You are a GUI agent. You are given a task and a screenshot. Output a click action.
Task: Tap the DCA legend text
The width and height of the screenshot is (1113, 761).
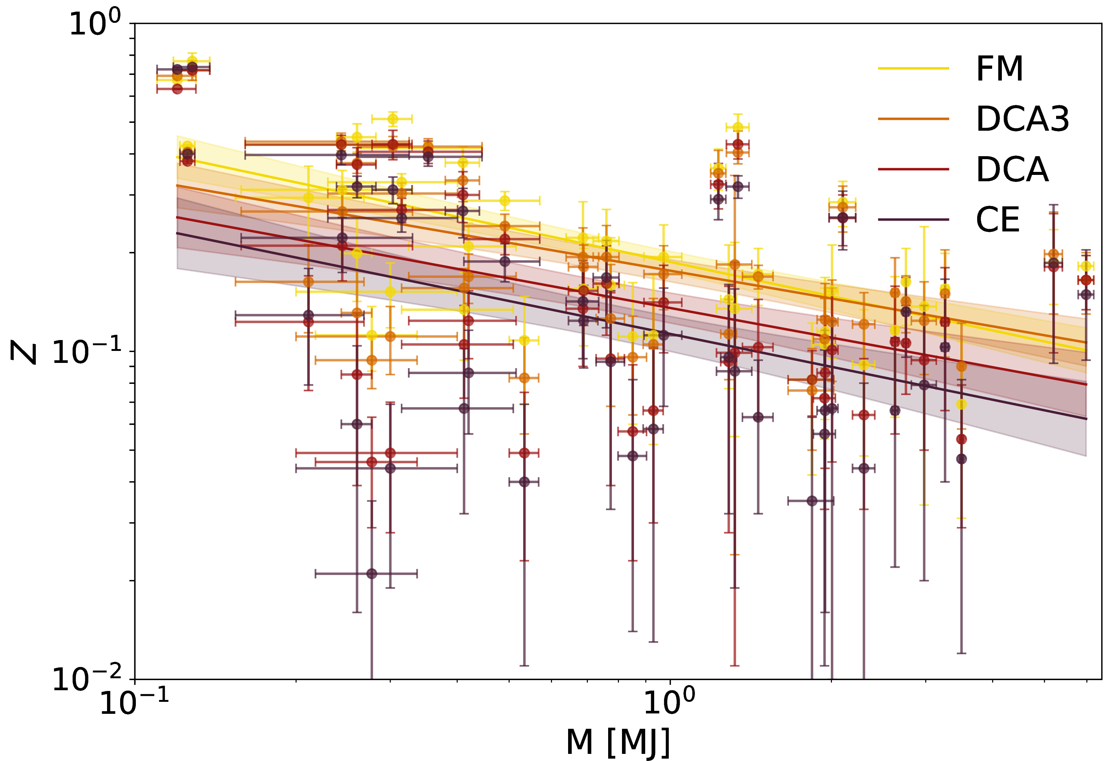tap(1012, 170)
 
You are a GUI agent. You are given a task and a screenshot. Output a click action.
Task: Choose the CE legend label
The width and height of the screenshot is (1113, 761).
tap(998, 220)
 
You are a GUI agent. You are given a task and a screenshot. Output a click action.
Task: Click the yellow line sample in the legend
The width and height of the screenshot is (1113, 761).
tap(913, 69)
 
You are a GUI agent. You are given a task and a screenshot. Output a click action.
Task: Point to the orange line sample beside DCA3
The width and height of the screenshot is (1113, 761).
tap(913, 119)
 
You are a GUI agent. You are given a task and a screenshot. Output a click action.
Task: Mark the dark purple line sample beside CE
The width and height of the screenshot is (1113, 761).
tap(913, 220)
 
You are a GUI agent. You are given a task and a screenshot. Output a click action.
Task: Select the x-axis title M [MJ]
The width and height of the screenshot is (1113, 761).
tap(618, 742)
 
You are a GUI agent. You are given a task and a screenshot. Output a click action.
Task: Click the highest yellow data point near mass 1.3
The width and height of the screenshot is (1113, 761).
tap(738, 127)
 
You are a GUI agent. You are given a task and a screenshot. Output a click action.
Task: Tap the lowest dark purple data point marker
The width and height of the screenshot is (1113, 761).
tap(372, 574)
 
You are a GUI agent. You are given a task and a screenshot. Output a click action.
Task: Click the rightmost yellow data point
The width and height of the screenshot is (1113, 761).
tap(1086, 266)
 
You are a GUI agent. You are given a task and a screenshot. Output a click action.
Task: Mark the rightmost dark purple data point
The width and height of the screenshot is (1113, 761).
tap(1086, 294)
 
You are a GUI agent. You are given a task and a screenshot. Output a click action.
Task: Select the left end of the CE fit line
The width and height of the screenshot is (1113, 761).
tap(177, 233)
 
